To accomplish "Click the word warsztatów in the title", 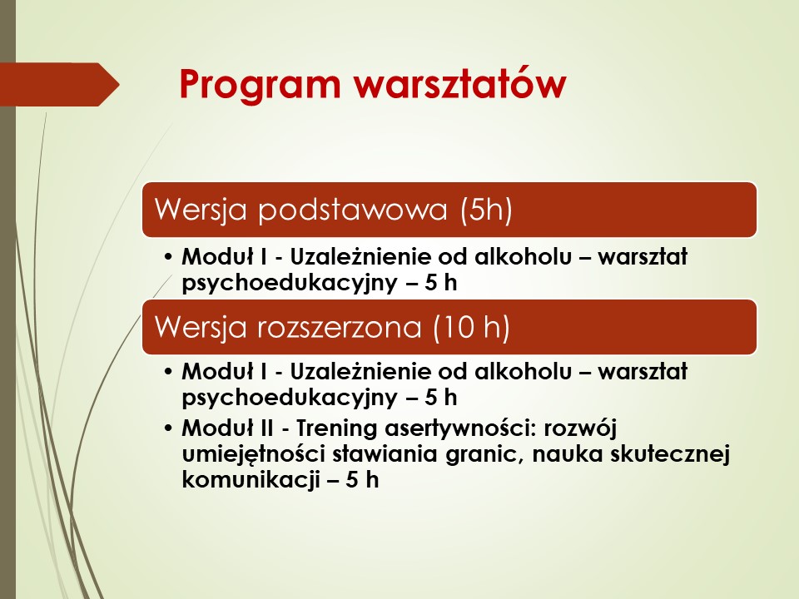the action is click(x=460, y=83).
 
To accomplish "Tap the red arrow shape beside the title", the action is click(x=59, y=85).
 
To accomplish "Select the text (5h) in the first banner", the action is click(x=486, y=210).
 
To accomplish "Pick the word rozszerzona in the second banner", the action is click(x=340, y=327).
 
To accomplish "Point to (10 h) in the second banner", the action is click(x=471, y=326).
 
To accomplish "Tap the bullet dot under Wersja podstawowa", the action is click(x=169, y=256).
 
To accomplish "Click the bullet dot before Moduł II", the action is click(x=169, y=428).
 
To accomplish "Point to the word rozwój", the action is click(x=580, y=428).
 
